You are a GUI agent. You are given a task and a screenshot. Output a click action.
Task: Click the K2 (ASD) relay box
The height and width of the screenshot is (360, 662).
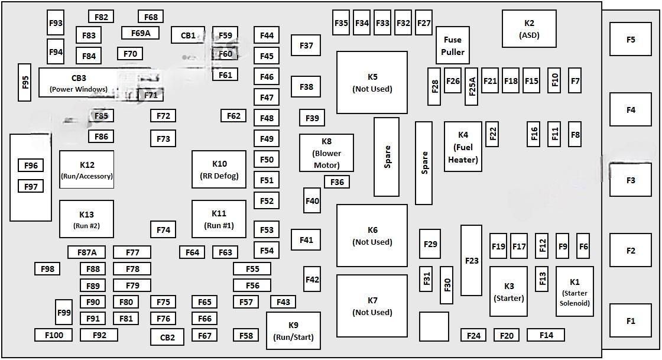pos(529,28)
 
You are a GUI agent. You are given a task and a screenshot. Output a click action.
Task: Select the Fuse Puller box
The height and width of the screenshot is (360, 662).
pos(453,46)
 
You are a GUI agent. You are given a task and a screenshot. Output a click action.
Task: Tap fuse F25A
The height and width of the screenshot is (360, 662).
pos(471,86)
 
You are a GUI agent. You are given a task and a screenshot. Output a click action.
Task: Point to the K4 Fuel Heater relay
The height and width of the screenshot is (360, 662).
pos(463,147)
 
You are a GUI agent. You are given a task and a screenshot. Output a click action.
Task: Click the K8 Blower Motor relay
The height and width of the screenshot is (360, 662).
pos(326,153)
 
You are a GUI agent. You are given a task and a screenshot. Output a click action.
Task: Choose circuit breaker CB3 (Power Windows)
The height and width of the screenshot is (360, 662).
pos(79,82)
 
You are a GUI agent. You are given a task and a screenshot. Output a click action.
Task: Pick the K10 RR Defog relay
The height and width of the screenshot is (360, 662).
pos(219,169)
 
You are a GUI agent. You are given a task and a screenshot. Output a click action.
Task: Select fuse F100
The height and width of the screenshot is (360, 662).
pos(53,335)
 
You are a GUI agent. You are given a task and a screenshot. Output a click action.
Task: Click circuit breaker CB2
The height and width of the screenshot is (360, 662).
pos(167,338)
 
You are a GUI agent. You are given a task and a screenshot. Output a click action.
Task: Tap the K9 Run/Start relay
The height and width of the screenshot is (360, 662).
pos(293,331)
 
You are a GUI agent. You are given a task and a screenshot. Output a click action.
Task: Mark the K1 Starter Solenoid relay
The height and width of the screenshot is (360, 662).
pos(575,291)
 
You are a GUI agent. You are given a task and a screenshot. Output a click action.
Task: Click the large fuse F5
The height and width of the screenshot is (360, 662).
pos(631,40)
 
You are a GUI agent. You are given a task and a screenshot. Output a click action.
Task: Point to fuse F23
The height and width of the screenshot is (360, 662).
pos(471,260)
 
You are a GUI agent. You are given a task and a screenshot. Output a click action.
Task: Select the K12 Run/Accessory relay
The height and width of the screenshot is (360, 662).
pos(86,169)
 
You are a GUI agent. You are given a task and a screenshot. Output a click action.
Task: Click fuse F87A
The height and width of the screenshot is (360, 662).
pos(86,252)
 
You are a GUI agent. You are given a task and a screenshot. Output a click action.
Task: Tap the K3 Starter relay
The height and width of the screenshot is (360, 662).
pos(508,291)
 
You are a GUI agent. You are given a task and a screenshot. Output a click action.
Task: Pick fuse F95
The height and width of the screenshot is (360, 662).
pos(24,82)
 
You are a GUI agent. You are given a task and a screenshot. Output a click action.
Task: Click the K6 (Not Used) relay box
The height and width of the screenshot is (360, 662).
pos(372,235)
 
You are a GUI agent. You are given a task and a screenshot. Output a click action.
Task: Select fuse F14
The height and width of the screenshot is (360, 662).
pos(546,335)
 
